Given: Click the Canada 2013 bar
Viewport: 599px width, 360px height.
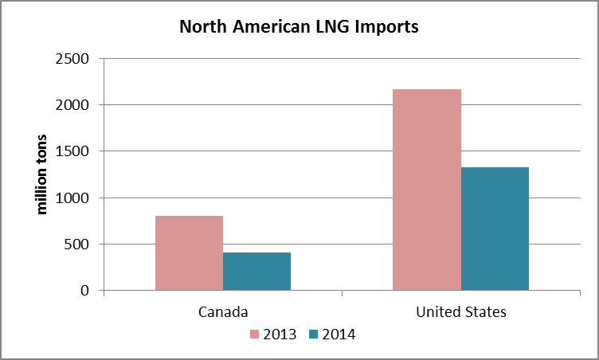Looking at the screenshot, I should pos(189,253).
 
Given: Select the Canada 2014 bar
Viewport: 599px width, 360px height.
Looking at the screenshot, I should pos(256,272).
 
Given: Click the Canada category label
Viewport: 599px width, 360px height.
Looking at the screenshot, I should pos(223,311).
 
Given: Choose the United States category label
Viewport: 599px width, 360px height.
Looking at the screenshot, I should pos(460,311).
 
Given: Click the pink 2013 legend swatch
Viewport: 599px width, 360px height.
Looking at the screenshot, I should pos(256,335).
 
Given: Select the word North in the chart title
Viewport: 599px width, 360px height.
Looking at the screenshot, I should pos(202,27).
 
